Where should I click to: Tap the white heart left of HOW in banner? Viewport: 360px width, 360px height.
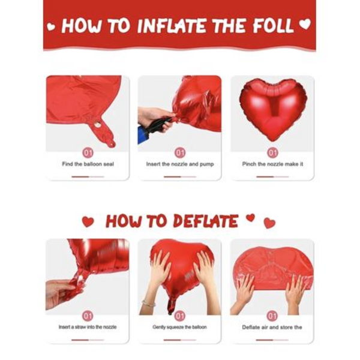coord(51,26)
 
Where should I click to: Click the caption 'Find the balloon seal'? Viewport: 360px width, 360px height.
coord(88,164)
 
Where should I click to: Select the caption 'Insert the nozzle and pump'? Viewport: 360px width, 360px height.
coord(180,164)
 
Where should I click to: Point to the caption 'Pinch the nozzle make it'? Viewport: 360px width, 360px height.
coord(272,164)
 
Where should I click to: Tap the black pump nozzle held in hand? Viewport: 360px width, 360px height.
coord(157,125)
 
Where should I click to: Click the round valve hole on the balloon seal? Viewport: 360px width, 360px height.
coord(97,125)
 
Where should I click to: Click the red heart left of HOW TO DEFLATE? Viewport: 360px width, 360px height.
coord(88,222)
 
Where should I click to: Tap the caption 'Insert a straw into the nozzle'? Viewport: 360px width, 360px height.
coord(88,327)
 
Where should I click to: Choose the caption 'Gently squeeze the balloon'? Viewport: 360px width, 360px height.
coord(180,327)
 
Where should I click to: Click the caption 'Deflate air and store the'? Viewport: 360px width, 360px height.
coord(272,327)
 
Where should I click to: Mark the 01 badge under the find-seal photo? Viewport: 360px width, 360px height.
coord(88,152)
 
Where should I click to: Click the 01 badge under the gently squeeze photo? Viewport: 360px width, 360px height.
coord(180,316)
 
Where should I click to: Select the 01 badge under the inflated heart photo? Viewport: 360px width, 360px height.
coord(272,152)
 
